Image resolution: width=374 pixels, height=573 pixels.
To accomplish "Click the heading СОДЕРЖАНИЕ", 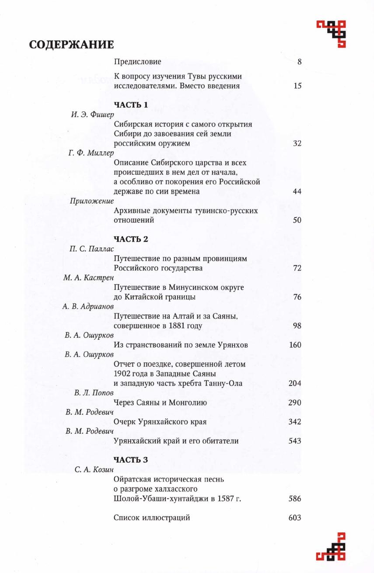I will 71,45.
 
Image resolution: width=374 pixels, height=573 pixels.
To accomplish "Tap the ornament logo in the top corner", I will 332,33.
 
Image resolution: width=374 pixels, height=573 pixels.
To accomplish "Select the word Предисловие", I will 137,62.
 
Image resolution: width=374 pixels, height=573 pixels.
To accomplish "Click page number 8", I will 299,62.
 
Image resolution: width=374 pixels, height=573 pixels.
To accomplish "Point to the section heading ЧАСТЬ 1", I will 131,105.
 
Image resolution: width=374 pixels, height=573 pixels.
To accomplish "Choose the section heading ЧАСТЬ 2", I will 131,239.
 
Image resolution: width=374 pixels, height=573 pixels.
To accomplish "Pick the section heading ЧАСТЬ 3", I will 131,460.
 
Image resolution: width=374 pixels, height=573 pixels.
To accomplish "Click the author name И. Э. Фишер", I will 92,115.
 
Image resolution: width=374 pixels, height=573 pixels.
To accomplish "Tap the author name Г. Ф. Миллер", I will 91,153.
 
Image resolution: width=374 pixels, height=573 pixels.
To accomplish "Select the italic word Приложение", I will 92,201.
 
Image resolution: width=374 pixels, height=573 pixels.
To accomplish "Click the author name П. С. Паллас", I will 91,249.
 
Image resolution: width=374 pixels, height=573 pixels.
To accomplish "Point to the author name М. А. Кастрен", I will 88,278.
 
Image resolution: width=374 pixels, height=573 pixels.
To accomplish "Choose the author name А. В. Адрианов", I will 88,306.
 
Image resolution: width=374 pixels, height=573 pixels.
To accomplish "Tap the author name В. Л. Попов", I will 94,393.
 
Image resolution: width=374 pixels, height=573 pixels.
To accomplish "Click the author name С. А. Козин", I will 94,470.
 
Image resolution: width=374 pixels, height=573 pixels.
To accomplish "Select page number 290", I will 295,403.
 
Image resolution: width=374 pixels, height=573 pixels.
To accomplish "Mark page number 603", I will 295,518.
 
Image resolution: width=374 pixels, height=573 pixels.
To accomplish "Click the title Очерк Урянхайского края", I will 160,422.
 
